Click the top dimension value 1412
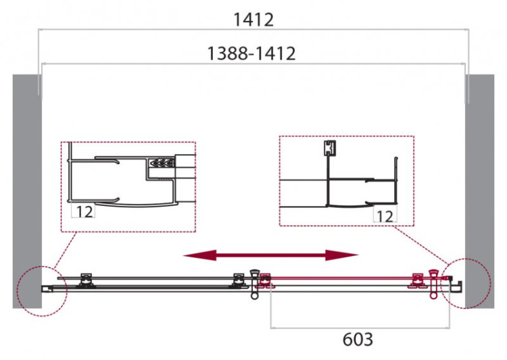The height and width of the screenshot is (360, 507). coord(254,20)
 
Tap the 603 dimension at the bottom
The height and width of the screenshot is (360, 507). coord(358,339)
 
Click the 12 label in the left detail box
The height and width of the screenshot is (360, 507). coord(84,211)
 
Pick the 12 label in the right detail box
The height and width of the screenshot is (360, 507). coord(385,215)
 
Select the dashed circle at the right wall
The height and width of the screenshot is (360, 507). coord(466,283)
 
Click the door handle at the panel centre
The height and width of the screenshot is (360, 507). coord(255,283)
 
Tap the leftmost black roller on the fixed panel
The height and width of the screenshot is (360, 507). coord(86,278)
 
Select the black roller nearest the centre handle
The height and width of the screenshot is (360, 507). coord(237,279)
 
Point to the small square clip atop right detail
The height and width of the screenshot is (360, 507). coord(329,148)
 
